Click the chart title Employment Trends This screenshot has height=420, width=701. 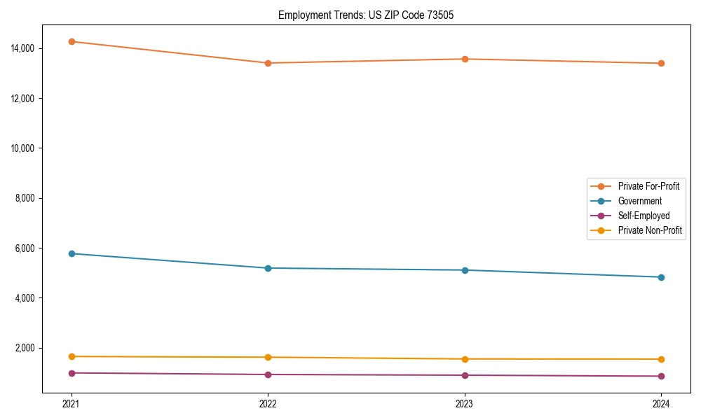(x=366, y=15)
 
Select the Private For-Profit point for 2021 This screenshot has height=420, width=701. (x=72, y=41)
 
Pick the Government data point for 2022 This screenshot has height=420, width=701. (x=268, y=268)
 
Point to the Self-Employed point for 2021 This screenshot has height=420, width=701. (x=72, y=373)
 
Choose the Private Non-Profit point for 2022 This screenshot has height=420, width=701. (x=268, y=357)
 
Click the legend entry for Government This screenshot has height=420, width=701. (x=639, y=201)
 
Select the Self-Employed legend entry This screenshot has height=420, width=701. (x=644, y=216)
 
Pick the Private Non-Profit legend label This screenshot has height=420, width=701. (x=650, y=230)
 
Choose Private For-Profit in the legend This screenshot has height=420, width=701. (x=648, y=186)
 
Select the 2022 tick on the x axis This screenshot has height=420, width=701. (x=268, y=403)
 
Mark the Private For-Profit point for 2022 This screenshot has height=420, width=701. (x=268, y=63)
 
